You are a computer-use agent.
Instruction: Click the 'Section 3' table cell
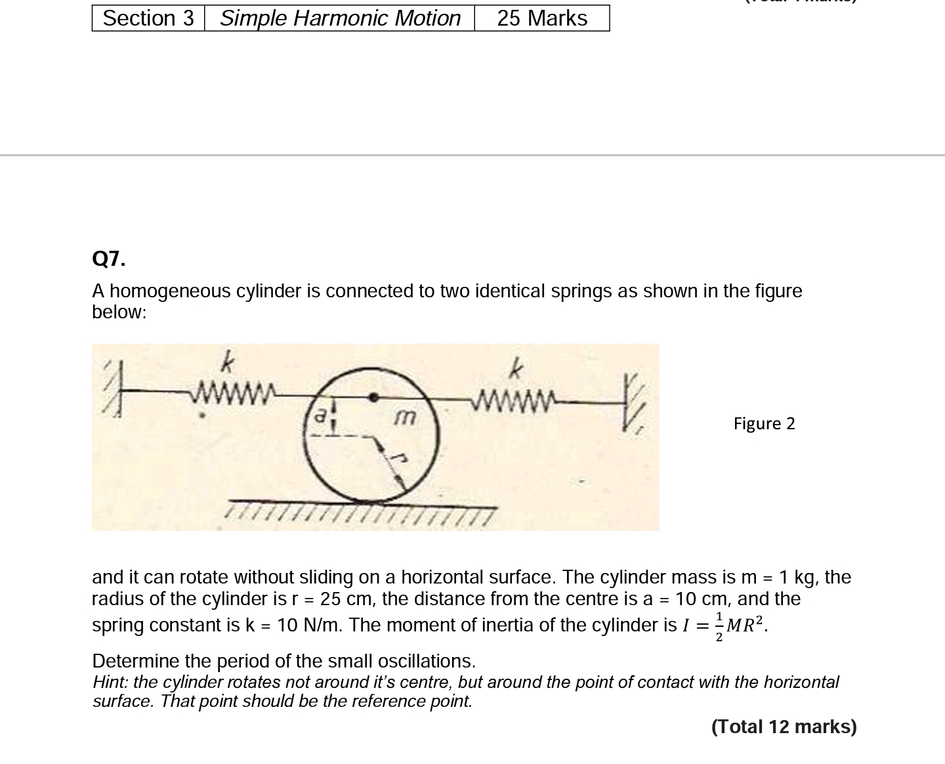point(148,18)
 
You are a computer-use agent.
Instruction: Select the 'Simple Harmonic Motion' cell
point(340,18)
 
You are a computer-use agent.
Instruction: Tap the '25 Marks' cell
point(542,18)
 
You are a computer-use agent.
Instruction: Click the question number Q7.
point(109,259)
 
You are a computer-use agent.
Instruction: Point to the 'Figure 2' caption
point(764,424)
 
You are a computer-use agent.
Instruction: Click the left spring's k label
point(226,362)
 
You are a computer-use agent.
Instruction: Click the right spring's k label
point(516,370)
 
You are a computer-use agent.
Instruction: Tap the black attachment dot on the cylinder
point(373,396)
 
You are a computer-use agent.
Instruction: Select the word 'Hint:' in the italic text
point(111,683)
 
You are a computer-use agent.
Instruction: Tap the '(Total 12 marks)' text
point(784,727)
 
